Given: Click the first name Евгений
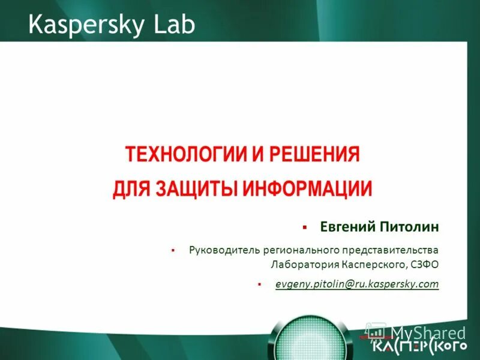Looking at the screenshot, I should [344, 227].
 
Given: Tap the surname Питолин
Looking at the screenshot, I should [409, 227].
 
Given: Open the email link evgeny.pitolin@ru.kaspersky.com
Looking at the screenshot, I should [357, 284].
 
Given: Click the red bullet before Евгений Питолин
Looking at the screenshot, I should [304, 228].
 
